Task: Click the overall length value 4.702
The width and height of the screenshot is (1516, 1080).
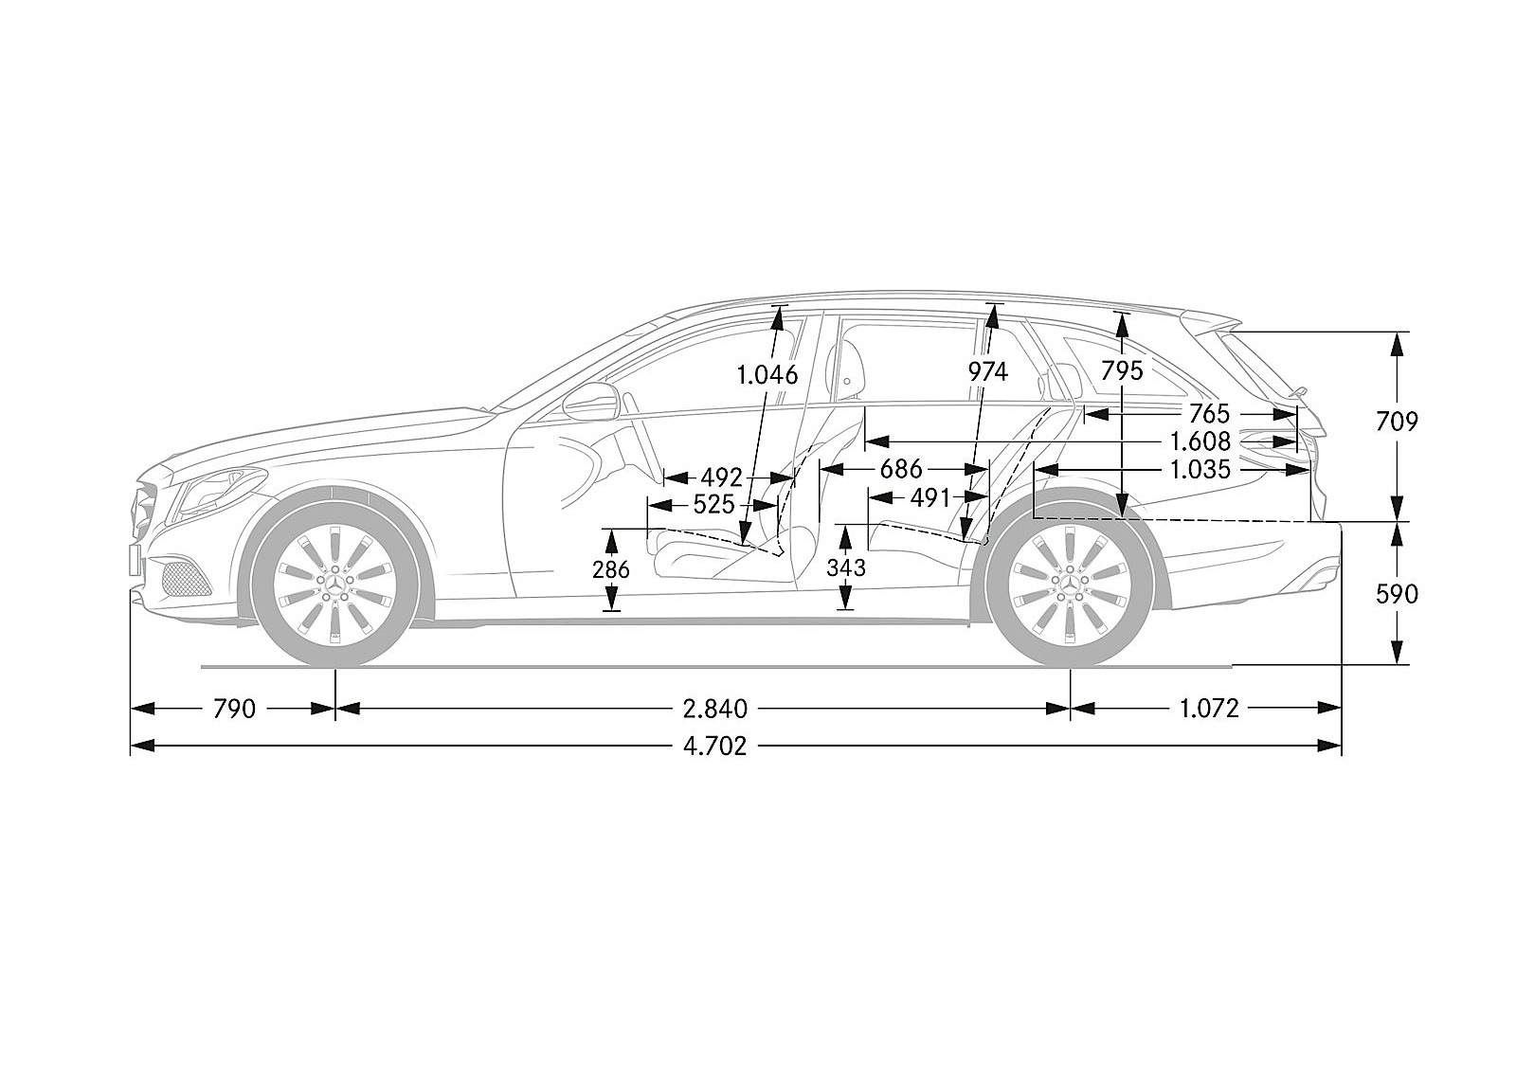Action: click(x=714, y=747)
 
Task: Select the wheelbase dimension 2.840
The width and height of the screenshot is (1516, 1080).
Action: click(x=714, y=708)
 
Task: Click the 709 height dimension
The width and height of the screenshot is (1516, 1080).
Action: click(x=1397, y=422)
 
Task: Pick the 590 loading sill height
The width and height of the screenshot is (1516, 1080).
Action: click(x=1397, y=594)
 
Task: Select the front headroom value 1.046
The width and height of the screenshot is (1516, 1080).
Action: click(x=767, y=374)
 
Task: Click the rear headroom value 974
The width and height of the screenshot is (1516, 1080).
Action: click(x=987, y=371)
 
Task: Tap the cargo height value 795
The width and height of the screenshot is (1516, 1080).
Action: click(x=1123, y=371)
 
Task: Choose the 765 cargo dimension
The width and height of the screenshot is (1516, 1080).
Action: click(x=1208, y=413)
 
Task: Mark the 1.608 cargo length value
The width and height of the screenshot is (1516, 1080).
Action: click(x=1200, y=441)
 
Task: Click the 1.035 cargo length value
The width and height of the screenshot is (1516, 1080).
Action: click(x=1200, y=469)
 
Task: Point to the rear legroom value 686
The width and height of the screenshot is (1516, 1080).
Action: click(x=900, y=469)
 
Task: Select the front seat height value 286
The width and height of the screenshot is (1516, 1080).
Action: click(x=611, y=569)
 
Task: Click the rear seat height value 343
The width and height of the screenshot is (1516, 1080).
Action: click(x=846, y=568)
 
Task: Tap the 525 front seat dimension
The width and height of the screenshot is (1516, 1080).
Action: click(x=713, y=505)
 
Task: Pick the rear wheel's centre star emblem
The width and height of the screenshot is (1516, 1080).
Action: click(x=1070, y=584)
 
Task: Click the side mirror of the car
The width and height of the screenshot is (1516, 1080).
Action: click(x=590, y=402)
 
